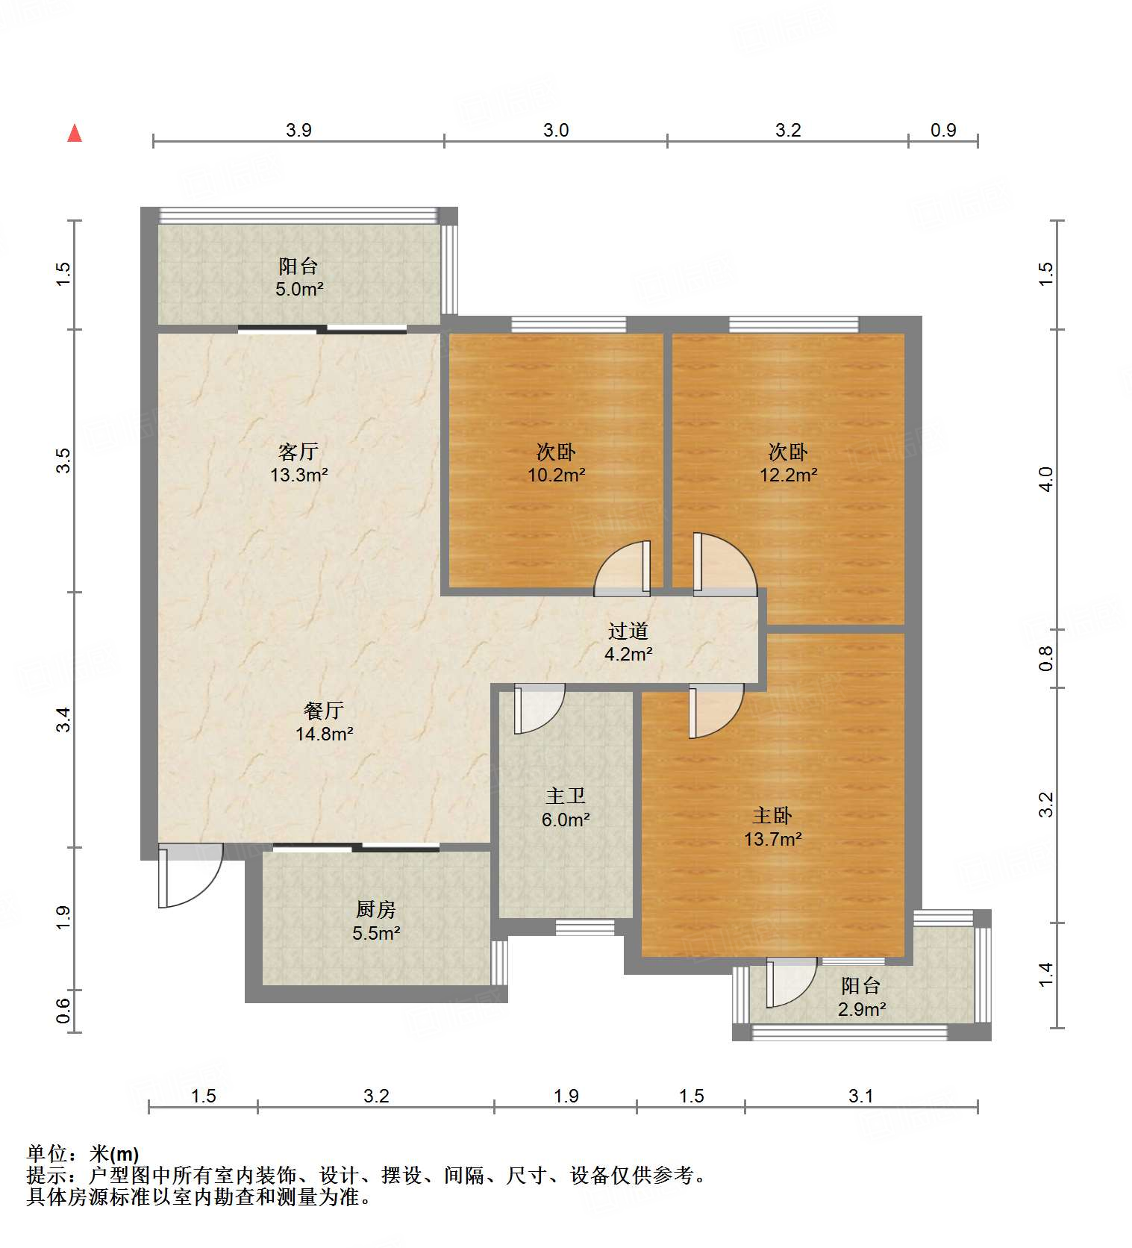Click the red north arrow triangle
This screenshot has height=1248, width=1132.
[75, 134]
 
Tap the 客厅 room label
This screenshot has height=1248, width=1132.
[298, 452]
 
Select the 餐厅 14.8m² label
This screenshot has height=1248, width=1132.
[324, 722]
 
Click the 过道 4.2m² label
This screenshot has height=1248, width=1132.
[628, 643]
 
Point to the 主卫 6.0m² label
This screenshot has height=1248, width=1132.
[566, 808]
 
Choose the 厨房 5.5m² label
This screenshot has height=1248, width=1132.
[376, 921]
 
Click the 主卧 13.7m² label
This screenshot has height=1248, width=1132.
[772, 827]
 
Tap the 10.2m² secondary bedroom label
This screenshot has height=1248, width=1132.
[556, 464]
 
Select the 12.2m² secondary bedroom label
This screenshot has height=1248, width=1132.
[788, 464]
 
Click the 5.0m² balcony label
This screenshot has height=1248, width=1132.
[298, 278]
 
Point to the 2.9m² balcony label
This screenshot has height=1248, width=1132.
[861, 998]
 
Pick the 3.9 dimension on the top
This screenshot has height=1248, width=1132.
[298, 131]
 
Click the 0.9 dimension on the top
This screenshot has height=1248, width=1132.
[943, 131]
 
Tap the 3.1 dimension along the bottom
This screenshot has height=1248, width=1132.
[860, 1096]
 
